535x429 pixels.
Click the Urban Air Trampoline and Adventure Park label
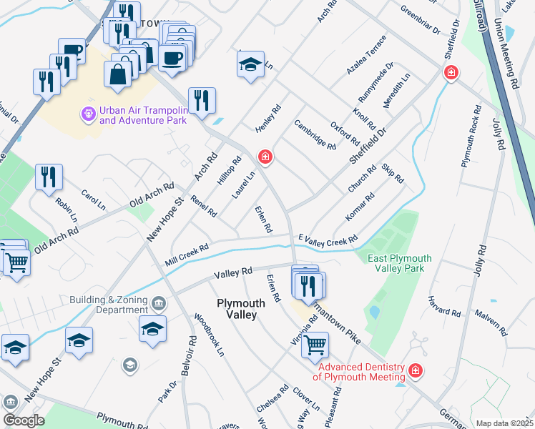[x=143, y=115]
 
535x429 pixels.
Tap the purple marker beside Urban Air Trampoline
[x=89, y=114]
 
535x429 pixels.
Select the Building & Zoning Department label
[x=109, y=305]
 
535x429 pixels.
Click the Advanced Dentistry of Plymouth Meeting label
[x=359, y=372]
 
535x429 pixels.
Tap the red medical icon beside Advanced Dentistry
[x=415, y=371]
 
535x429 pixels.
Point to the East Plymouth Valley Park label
[x=400, y=263]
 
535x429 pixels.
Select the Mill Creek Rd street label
[x=186, y=253]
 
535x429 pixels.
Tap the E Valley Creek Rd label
[x=328, y=240]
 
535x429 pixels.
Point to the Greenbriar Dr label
[x=421, y=21]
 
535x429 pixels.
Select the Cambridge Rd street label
[x=315, y=134]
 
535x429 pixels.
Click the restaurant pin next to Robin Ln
[x=49, y=178]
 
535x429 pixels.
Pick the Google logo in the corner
[x=23, y=420]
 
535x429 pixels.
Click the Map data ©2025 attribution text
[x=504, y=423]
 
